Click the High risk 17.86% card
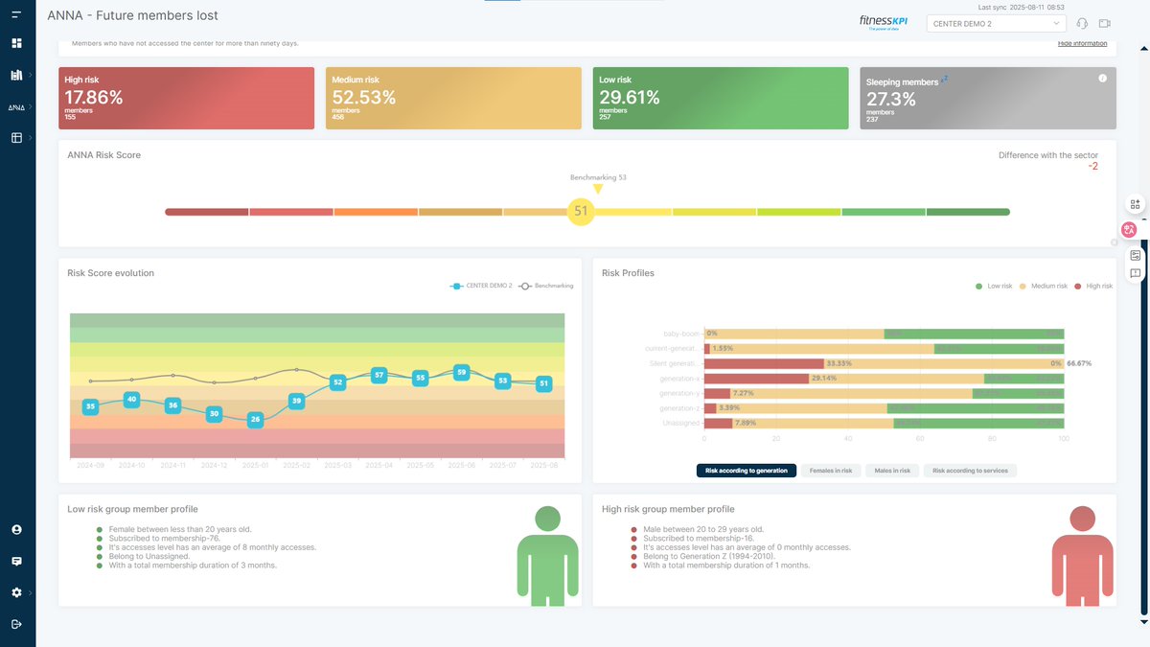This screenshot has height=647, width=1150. [x=186, y=98]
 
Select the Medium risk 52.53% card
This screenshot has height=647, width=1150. [x=452, y=98]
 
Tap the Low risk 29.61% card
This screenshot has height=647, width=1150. [x=720, y=98]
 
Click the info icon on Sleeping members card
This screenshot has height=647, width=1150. [x=1102, y=79]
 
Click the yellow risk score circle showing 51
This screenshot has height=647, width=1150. [x=581, y=211]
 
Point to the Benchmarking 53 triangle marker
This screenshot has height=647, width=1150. [x=598, y=189]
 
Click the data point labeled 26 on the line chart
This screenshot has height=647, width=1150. [x=255, y=419]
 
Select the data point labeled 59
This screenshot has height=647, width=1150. [x=461, y=372]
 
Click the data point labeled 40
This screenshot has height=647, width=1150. [x=131, y=399]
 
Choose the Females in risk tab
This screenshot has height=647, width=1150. [x=830, y=471]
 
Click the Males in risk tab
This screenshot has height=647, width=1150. [x=891, y=471]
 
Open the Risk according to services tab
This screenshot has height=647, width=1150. [x=970, y=471]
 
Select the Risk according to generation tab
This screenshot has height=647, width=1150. [x=746, y=471]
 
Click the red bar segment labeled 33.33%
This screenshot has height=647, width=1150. [x=764, y=363]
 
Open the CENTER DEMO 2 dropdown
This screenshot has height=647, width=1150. [x=996, y=23]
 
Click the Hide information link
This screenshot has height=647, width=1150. [x=1082, y=43]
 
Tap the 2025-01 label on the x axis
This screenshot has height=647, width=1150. [x=255, y=465]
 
